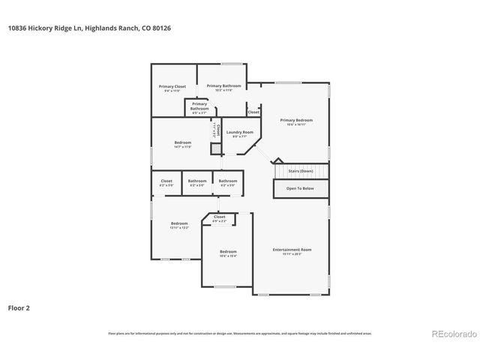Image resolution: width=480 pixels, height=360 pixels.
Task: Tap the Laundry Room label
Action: pyautogui.click(x=240, y=132)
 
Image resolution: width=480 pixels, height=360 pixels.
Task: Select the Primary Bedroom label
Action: pyautogui.click(x=296, y=120)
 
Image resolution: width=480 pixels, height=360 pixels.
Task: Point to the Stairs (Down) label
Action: pyautogui.click(x=301, y=171)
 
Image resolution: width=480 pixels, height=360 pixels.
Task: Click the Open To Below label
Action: pyautogui.click(x=300, y=188)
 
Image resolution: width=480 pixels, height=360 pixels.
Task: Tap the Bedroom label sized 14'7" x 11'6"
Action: pyautogui.click(x=183, y=142)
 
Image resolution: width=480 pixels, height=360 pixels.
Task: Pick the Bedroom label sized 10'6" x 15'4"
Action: pyautogui.click(x=228, y=251)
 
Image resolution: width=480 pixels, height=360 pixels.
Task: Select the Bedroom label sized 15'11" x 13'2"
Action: pyautogui.click(x=178, y=223)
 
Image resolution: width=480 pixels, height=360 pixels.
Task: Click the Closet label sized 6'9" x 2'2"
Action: pyautogui.click(x=219, y=217)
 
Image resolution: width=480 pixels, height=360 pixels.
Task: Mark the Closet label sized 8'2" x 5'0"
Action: pyautogui.click(x=166, y=181)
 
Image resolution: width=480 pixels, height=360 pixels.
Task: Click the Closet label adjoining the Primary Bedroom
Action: pyautogui.click(x=253, y=112)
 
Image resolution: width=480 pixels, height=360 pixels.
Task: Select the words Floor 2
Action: pyautogui.click(x=19, y=307)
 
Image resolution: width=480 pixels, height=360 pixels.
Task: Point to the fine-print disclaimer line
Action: pyautogui.click(x=240, y=332)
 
